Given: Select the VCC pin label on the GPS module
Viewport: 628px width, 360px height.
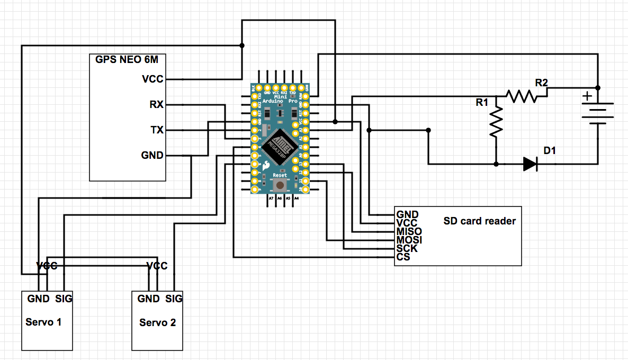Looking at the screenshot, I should click(x=152, y=79).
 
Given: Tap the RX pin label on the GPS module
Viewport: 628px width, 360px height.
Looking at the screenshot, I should click(x=156, y=105).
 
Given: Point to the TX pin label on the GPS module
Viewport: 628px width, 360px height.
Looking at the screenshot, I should click(x=157, y=130).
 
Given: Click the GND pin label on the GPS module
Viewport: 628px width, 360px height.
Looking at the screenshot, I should click(x=152, y=155).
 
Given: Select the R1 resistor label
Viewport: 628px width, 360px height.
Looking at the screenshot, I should click(x=481, y=103).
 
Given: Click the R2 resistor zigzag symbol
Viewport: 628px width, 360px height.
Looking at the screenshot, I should click(x=521, y=96).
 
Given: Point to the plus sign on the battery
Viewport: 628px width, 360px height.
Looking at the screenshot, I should click(x=587, y=96).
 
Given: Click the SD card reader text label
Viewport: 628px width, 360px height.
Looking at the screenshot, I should click(x=479, y=221).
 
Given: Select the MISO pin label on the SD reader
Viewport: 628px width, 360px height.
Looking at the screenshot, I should click(x=409, y=231).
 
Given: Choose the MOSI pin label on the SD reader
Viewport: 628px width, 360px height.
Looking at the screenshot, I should click(x=409, y=240).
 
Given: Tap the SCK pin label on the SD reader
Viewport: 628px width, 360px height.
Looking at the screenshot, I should click(x=407, y=248).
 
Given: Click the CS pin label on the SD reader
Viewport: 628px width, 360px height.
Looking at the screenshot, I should click(x=403, y=257).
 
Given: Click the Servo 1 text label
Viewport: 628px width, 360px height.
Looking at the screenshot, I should click(x=43, y=322).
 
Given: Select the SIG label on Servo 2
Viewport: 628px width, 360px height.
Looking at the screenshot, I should click(x=174, y=299).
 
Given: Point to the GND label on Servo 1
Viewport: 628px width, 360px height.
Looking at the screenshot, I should click(x=39, y=299).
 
